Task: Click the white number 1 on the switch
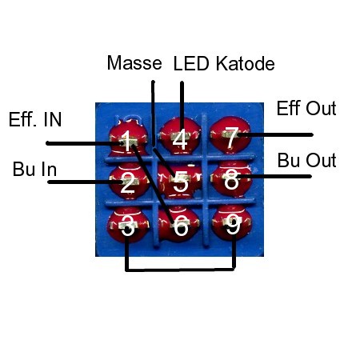coord(127,141)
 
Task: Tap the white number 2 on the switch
coord(127,182)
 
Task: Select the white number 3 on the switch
coord(127,226)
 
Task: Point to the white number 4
coord(180,139)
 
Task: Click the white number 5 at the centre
coord(181,182)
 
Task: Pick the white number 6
coord(181,226)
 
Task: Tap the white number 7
coord(231,137)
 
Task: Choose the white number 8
coord(231,179)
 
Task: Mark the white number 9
coord(233,225)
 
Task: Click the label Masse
coord(134,63)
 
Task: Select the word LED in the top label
coord(191,63)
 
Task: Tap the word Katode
coord(246,63)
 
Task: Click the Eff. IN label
coord(35,119)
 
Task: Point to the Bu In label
coord(34,169)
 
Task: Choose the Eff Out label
coord(306,108)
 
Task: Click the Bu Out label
coord(306,160)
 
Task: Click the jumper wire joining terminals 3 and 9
coord(180,270)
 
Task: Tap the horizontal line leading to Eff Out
coord(274,135)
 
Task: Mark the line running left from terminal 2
coord(85,182)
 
